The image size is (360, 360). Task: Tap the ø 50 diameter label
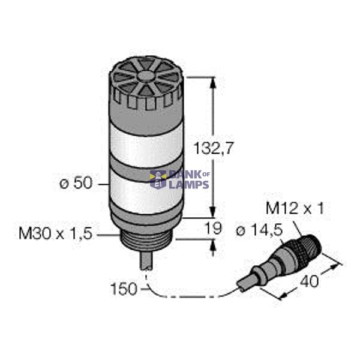click(76, 184)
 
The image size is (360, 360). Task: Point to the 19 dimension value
click(214, 228)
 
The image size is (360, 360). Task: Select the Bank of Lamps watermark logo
click(179, 179)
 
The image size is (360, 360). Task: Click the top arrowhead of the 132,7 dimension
click(212, 82)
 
